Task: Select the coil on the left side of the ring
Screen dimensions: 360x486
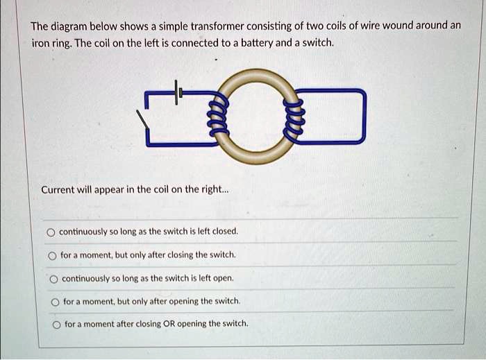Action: (x=218, y=117)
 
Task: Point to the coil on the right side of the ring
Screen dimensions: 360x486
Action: (x=294, y=116)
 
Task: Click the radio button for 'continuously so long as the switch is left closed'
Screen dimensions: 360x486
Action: (x=51, y=232)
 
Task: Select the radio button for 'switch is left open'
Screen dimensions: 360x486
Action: (x=53, y=278)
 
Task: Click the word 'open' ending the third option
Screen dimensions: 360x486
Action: (x=221, y=278)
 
